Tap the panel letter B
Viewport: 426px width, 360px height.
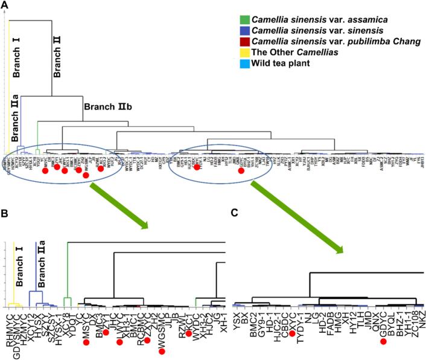click(5, 213)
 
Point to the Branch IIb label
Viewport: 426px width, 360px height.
click(103, 107)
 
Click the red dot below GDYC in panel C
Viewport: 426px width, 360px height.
click(383, 342)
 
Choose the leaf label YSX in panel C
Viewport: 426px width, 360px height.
click(237, 315)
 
